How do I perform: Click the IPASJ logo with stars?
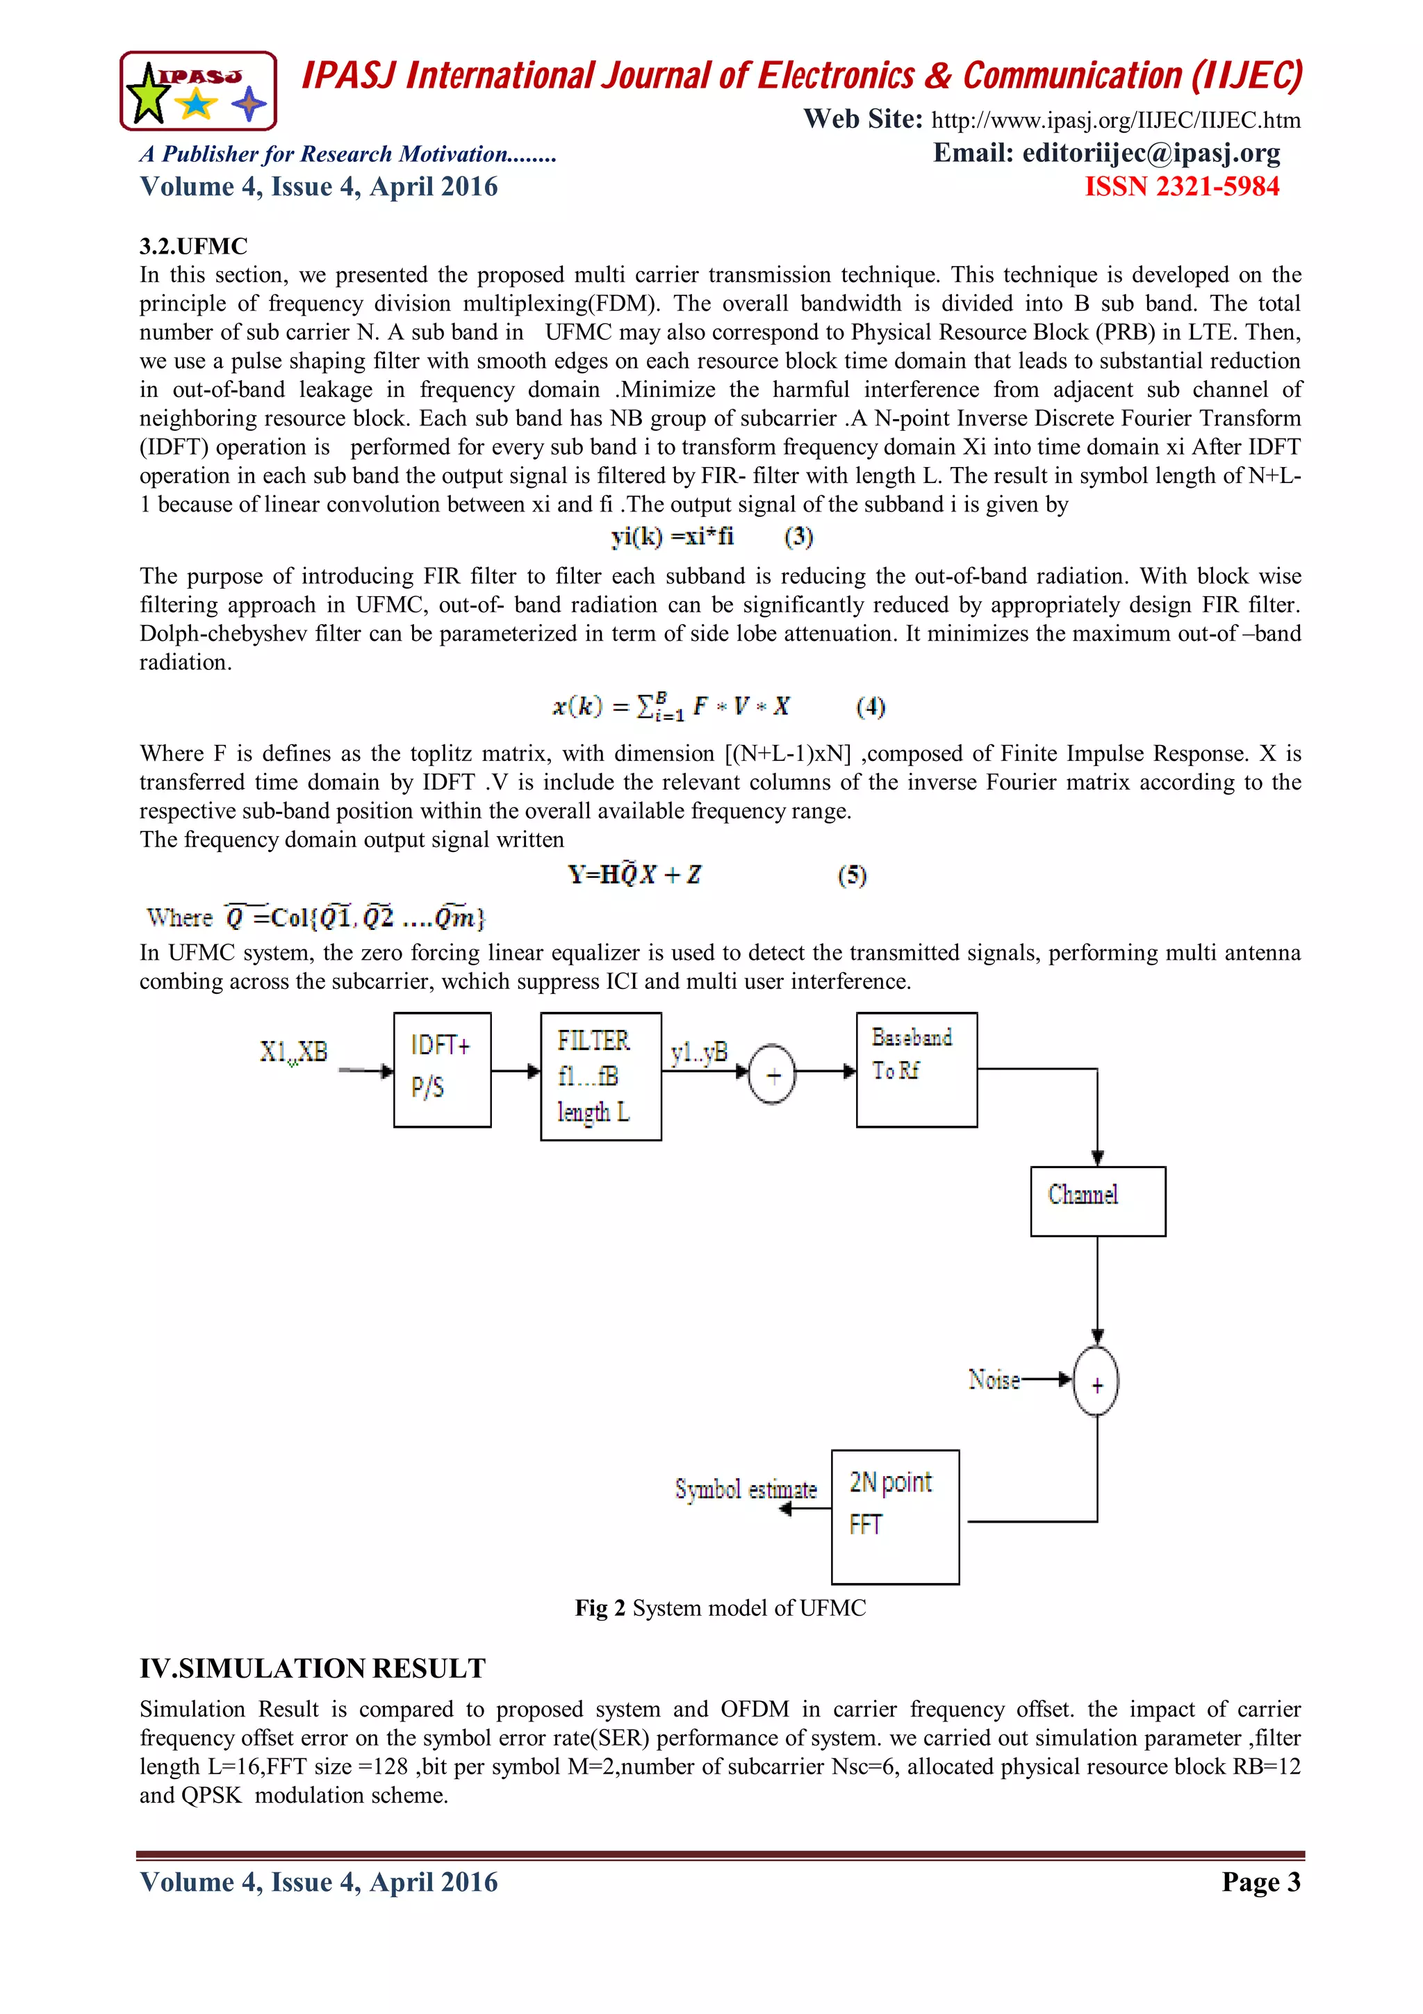[198, 91]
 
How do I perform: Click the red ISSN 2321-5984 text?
[1181, 187]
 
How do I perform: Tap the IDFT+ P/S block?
[442, 1070]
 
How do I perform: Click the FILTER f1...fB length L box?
[600, 1076]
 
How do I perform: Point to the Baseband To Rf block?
[916, 1070]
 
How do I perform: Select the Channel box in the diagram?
[1098, 1201]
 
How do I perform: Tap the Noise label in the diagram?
[994, 1379]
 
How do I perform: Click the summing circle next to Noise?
[1096, 1382]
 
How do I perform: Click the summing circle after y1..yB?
[771, 1074]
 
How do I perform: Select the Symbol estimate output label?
[746, 1489]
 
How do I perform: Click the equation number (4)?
[870, 706]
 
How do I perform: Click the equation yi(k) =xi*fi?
[673, 536]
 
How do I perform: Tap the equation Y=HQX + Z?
[634, 874]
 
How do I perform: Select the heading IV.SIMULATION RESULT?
[312, 1667]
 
